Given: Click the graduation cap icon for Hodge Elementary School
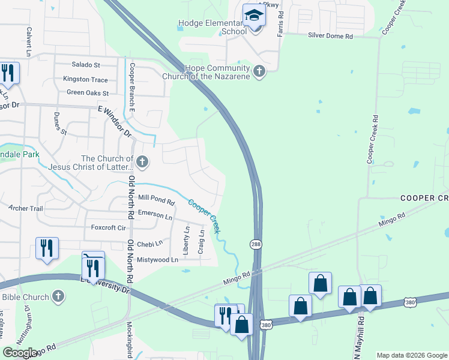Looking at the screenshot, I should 254,16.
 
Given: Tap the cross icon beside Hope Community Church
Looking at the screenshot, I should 259,72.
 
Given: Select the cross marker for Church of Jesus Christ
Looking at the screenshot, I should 142,161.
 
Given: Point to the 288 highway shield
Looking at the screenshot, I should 255,244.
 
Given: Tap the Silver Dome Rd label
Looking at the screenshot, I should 330,36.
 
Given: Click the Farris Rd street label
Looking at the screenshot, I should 280,25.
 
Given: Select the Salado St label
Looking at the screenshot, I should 86,64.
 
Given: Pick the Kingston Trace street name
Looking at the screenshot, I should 86,79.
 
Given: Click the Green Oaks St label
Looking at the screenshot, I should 88,93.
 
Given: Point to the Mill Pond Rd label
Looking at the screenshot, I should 156,197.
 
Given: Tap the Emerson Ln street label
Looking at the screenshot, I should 155,213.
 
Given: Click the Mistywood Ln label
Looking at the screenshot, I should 157,260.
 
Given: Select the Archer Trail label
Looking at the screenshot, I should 25,209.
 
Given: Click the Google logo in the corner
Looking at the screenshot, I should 21,353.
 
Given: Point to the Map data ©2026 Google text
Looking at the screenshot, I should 411,355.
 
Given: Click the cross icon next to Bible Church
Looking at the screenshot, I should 58,296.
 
